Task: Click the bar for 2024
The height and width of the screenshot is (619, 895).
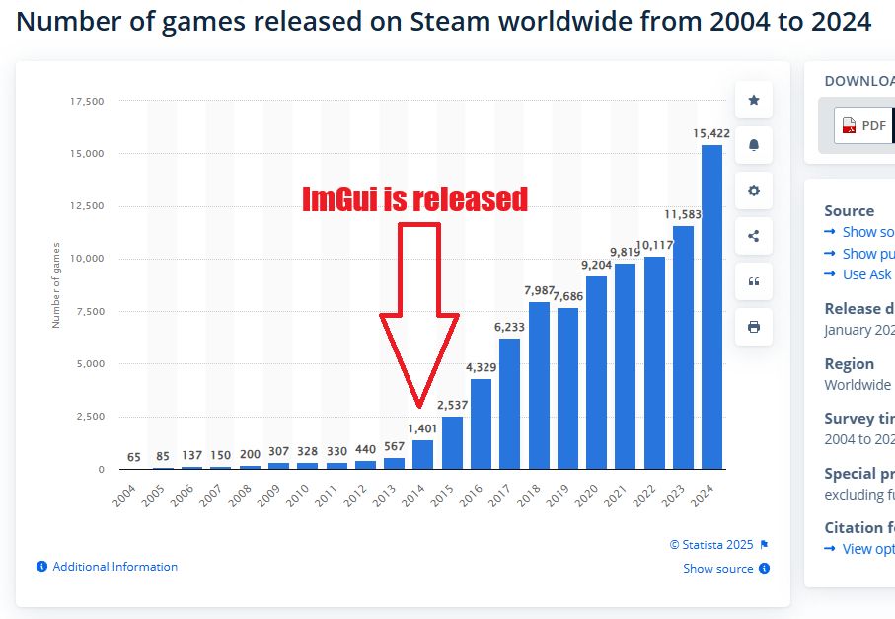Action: point(711,307)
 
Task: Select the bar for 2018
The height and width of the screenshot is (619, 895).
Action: point(539,385)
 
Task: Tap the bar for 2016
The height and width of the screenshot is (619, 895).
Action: point(481,424)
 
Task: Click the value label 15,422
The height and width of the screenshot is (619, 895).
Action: point(711,133)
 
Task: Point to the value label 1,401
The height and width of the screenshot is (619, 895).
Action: point(422,428)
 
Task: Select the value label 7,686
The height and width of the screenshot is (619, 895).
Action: point(567,296)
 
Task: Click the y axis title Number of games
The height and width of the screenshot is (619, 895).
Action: point(56,284)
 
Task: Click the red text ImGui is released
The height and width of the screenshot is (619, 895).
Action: point(414,199)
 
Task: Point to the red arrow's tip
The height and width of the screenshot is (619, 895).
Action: point(420,406)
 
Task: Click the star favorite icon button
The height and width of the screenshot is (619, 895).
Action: point(754,100)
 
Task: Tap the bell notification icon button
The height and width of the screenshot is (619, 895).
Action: point(754,145)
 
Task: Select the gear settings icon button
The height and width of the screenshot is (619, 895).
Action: point(754,191)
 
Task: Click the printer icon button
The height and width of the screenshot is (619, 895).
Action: point(754,327)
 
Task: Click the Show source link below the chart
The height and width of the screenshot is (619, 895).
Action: point(717,569)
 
